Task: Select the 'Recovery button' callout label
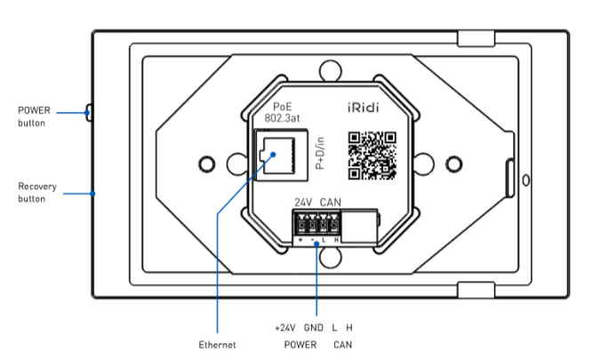click(x=35, y=193)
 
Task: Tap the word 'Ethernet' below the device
click(x=217, y=344)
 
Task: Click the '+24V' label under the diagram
click(x=285, y=328)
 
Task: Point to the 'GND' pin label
click(x=313, y=328)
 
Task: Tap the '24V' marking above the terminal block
click(x=302, y=203)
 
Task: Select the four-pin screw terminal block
click(x=317, y=226)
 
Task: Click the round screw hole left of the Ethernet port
click(x=206, y=164)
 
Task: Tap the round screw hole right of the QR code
click(x=454, y=164)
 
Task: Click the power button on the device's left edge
click(x=89, y=112)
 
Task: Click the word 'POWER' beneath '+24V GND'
click(x=300, y=344)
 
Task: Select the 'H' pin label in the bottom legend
click(x=349, y=328)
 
